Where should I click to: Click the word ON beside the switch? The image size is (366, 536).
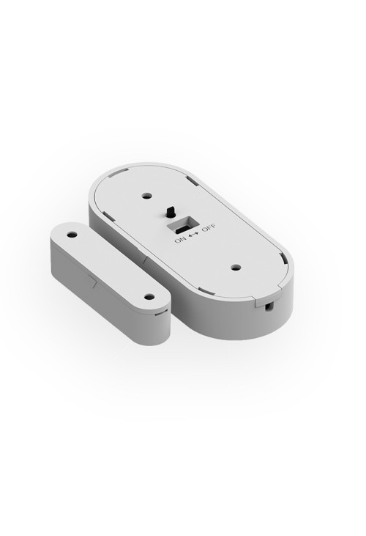(x=180, y=240)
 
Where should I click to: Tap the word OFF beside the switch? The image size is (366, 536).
(x=209, y=227)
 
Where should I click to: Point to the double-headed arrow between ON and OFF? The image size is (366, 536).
(x=193, y=234)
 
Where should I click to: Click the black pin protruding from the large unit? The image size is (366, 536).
(x=170, y=212)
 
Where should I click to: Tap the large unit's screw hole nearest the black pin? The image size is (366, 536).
(x=147, y=197)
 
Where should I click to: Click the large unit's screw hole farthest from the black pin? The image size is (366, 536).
(x=235, y=268)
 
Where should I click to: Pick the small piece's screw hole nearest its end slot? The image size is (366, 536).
(x=149, y=297)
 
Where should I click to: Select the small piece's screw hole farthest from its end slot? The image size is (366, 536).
(x=72, y=235)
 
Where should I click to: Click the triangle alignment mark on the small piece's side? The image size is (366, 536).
(x=93, y=282)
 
